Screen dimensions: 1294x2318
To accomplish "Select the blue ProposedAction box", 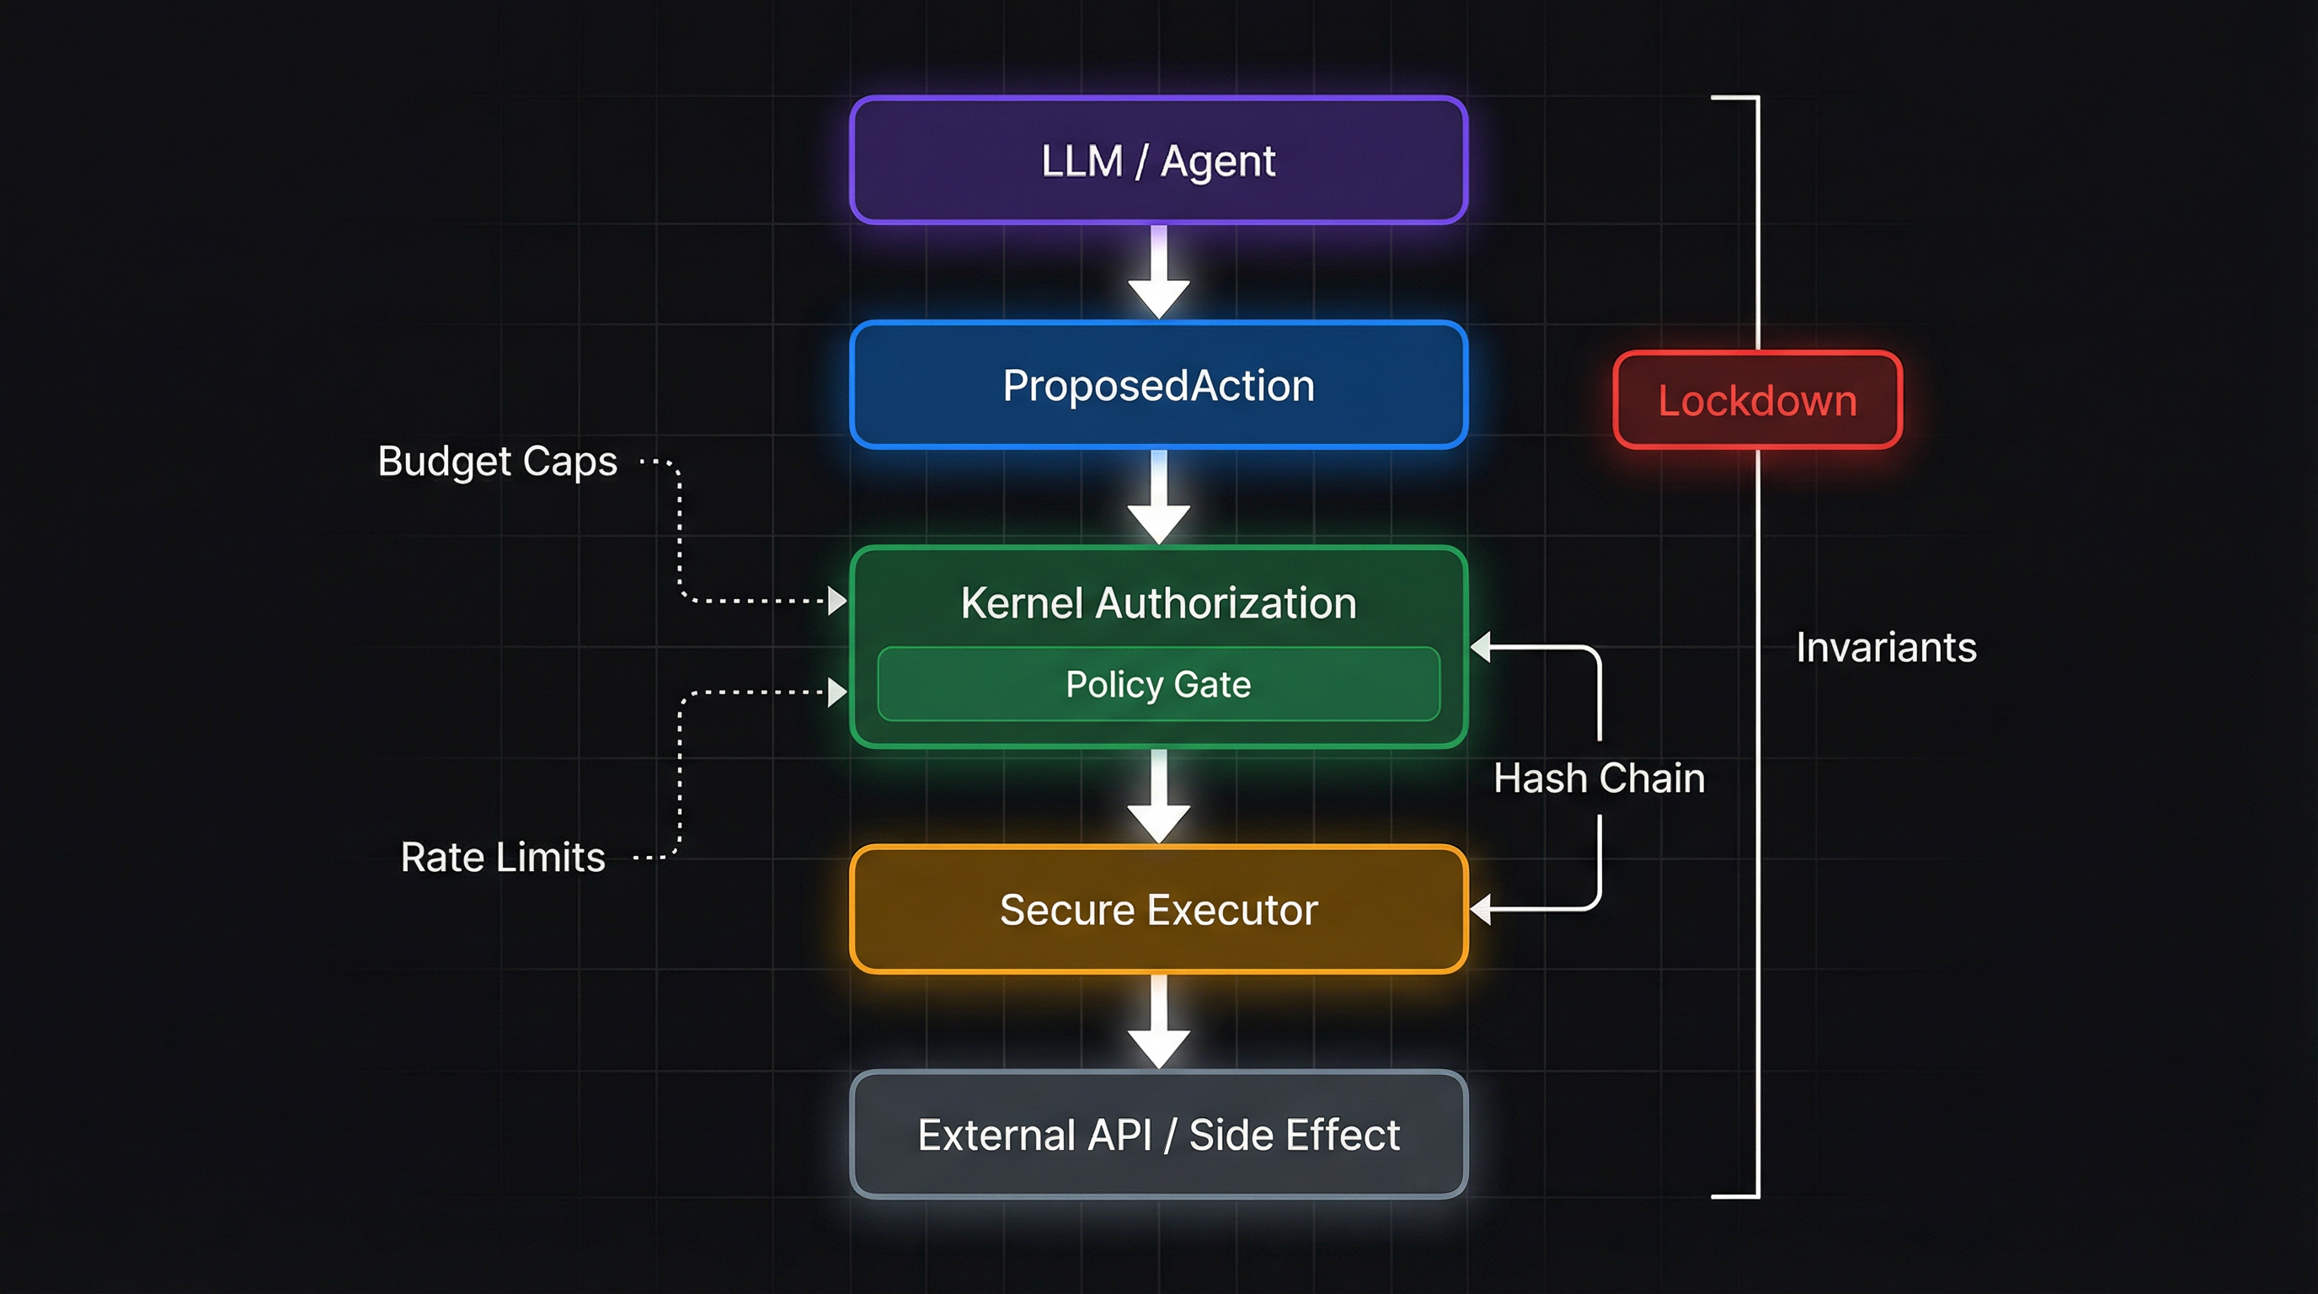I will tap(1158, 385).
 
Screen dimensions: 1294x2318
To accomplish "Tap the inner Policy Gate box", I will tap(1158, 684).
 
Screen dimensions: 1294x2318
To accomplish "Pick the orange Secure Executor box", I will tap(1158, 909).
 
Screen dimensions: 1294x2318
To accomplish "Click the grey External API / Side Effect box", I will tap(1158, 1134).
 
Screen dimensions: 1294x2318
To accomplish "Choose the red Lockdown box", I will tap(1757, 400).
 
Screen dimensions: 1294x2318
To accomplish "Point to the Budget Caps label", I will tap(497, 462).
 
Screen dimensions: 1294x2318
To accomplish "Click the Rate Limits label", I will tap(502, 857).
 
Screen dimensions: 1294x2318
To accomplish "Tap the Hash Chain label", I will tap(1599, 778).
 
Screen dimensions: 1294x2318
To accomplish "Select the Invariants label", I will tap(1886, 647).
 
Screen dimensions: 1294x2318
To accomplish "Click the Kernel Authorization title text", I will tap(1158, 603).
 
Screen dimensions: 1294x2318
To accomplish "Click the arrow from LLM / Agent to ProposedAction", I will tap(1159, 273).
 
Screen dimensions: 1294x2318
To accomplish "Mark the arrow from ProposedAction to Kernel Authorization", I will tap(1159, 498).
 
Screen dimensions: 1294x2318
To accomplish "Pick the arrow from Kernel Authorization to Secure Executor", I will tap(1159, 796).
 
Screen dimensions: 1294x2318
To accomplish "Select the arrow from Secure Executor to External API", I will tap(1159, 1022).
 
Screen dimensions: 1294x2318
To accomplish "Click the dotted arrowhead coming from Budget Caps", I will tap(837, 600).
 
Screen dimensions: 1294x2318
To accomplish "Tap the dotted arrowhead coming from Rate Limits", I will tap(837, 692).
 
